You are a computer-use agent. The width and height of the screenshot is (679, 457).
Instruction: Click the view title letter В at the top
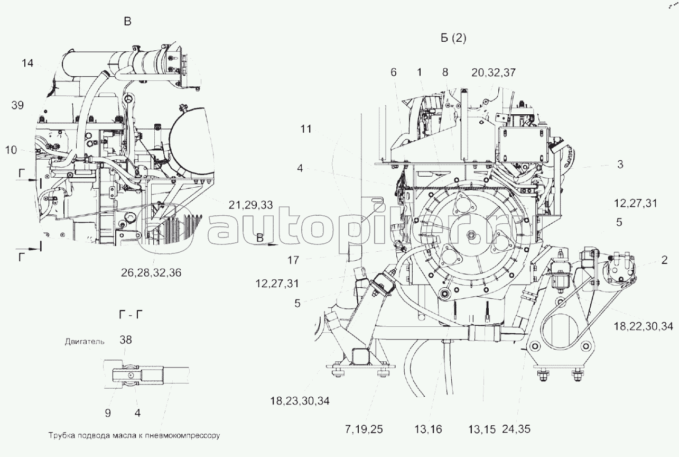point(128,22)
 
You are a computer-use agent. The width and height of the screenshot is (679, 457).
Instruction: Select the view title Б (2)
point(453,38)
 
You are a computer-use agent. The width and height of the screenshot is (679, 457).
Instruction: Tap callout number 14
point(27,63)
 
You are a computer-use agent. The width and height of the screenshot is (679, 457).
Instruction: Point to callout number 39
point(17,105)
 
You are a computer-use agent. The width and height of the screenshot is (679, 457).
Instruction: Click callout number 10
point(11,150)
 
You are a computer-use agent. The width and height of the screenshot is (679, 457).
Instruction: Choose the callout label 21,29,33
point(250,205)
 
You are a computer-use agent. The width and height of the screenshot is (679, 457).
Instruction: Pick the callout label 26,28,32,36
point(151,273)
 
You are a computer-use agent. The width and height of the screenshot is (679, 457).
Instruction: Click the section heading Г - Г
point(131,315)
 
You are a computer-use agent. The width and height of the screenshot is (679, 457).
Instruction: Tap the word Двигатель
point(85,342)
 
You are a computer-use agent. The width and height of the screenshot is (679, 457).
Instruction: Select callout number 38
point(125,340)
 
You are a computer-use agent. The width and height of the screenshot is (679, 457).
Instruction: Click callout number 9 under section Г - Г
point(108,413)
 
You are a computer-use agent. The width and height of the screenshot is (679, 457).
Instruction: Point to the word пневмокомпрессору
point(182,436)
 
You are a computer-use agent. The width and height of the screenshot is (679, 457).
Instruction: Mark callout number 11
point(306,129)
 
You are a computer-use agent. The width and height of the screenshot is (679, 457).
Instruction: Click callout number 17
point(293,260)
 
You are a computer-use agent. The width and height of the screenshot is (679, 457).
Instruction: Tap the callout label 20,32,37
point(494,72)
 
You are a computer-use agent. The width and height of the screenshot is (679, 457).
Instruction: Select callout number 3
point(620,164)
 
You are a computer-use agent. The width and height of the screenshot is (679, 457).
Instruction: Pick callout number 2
point(664,260)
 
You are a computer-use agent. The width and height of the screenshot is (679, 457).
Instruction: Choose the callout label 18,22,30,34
point(643,326)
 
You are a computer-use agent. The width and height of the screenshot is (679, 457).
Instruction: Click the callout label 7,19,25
point(364,429)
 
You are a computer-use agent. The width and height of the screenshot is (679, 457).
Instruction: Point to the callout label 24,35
point(516,429)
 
